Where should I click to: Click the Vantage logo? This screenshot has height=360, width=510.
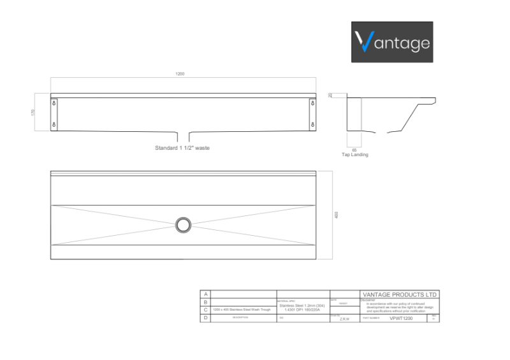[392, 42]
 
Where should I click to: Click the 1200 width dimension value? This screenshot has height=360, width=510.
[180, 74]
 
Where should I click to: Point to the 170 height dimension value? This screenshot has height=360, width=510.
[33, 112]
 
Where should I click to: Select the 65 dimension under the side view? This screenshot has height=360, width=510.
[354, 149]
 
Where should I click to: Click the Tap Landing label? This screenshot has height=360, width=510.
[354, 155]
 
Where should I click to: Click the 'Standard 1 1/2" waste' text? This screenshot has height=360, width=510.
[182, 147]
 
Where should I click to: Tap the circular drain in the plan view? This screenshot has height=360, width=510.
[183, 224]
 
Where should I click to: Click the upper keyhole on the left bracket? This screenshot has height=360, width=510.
[54, 103]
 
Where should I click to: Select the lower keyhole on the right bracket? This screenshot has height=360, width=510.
[312, 124]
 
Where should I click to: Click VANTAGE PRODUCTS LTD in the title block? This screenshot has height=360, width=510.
[399, 295]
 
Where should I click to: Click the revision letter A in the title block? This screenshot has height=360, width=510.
[205, 294]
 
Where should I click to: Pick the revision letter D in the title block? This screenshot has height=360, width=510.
[205, 317]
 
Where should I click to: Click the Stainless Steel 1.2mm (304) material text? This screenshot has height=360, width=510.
[302, 305]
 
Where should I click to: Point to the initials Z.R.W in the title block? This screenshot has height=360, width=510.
[344, 317]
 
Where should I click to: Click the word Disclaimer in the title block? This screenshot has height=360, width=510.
[368, 299]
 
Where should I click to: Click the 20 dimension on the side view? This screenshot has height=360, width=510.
[330, 95]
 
